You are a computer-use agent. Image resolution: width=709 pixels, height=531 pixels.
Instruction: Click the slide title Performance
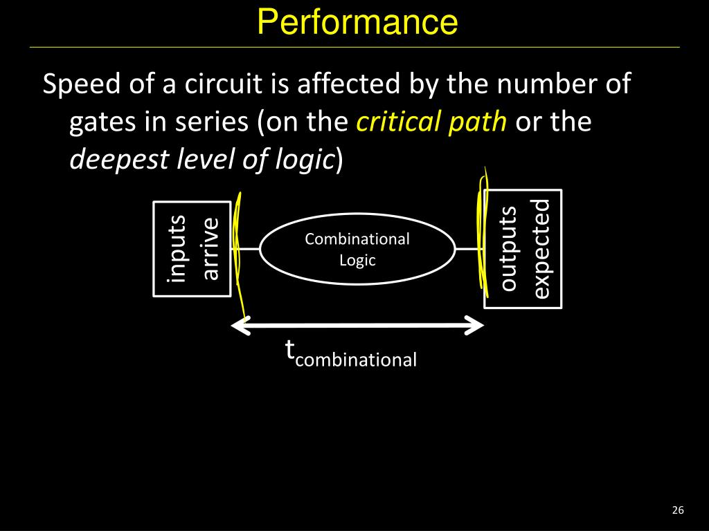357,22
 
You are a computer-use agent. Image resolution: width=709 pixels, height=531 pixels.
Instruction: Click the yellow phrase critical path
432,122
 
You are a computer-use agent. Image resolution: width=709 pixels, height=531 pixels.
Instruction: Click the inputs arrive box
192,249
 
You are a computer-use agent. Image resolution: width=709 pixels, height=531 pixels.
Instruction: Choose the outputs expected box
523,249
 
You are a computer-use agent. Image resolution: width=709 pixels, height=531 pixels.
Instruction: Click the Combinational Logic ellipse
357,249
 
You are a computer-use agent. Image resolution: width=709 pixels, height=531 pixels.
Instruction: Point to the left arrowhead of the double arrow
240,326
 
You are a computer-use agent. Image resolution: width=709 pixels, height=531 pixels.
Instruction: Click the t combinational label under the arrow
351,354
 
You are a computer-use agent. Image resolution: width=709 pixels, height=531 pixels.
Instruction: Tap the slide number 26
677,510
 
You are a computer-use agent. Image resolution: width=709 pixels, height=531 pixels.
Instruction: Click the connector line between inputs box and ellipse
248,248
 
